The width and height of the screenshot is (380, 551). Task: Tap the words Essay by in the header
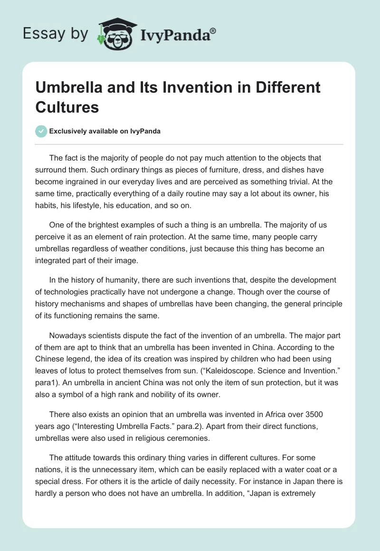[56, 34]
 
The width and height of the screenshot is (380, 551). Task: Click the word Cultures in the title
[67, 107]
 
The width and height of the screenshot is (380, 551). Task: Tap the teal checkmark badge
[41, 131]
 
